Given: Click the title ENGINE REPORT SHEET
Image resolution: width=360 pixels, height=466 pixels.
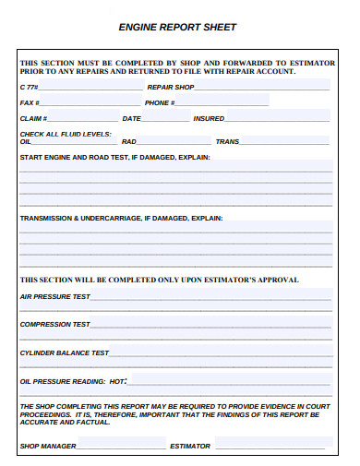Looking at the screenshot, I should tap(178, 28).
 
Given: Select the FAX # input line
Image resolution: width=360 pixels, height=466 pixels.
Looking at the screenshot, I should tap(88, 103).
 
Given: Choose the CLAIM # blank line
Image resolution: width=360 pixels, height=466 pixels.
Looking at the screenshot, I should tap(82, 119).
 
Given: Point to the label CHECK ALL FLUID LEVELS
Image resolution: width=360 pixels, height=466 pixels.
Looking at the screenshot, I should tap(66, 134).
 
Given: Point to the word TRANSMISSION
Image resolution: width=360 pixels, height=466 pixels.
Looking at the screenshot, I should tap(45, 219).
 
